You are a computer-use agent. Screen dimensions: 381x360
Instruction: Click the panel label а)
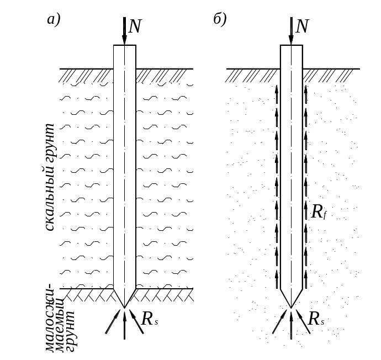pyautogui.click(x=54, y=20)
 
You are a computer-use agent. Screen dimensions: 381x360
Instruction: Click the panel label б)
pyautogui.click(x=220, y=19)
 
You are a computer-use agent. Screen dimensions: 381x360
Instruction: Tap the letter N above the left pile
pyautogui.click(x=135, y=27)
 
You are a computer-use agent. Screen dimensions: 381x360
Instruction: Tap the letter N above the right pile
pyautogui.click(x=302, y=27)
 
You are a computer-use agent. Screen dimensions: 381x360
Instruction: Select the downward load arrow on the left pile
pyautogui.click(x=124, y=31)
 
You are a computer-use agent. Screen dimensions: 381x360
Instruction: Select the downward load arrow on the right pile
pyautogui.click(x=291, y=31)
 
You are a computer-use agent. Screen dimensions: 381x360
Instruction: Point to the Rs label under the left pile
pyautogui.click(x=150, y=319)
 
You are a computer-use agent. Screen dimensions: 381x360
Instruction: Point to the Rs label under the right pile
pyautogui.click(x=316, y=319)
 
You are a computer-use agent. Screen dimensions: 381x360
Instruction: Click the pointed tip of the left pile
pyautogui.click(x=125, y=308)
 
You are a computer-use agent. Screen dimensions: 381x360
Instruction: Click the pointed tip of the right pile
pyautogui.click(x=292, y=308)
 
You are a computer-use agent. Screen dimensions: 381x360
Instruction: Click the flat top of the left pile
pyautogui.click(x=125, y=45)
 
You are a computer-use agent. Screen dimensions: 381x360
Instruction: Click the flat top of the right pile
pyautogui.click(x=292, y=45)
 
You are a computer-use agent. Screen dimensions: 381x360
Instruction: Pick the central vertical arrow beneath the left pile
pyautogui.click(x=125, y=325)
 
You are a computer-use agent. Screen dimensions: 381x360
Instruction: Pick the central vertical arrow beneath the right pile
pyautogui.click(x=291, y=325)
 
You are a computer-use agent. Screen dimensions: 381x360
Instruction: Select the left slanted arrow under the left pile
pyautogui.click(x=113, y=321)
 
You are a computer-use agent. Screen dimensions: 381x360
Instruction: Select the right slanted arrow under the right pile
pyautogui.click(x=303, y=321)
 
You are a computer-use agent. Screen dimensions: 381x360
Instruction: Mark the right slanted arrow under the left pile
pyautogui.click(x=136, y=321)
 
